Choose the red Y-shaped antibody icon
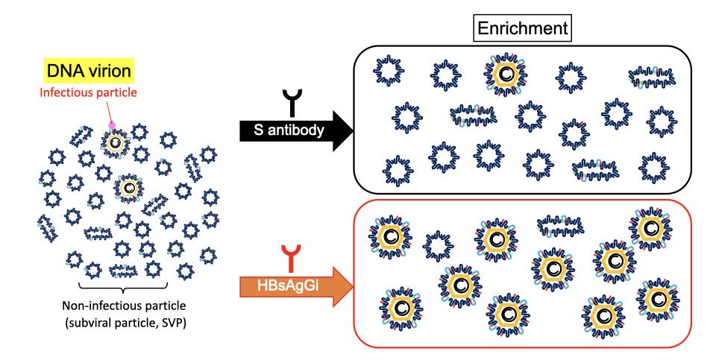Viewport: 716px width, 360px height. click(291, 257)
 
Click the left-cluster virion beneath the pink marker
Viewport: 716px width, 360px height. click(117, 142)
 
